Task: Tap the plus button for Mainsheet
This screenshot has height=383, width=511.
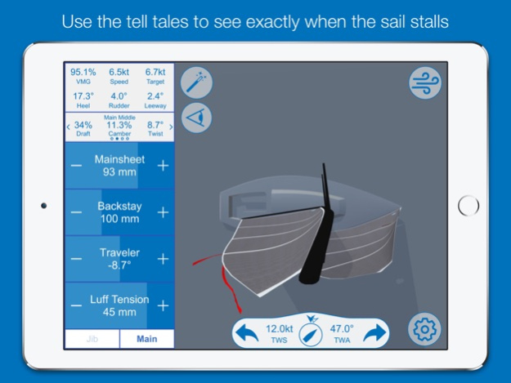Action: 163,166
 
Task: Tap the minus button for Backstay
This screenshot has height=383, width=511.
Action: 76,212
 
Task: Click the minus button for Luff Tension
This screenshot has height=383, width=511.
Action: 76,305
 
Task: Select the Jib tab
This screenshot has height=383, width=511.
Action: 92,339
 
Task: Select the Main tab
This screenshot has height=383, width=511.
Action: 147,339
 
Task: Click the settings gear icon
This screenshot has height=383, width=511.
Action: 425,328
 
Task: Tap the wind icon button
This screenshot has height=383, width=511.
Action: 425,82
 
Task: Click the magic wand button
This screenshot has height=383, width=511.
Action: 196,82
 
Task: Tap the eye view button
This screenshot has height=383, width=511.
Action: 196,118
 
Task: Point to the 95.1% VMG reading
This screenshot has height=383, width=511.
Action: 83,76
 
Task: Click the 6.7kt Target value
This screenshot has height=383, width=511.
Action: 155,76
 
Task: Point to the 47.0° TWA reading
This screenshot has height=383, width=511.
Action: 341,332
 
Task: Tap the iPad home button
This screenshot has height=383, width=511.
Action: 468,206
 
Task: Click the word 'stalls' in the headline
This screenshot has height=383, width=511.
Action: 425,20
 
